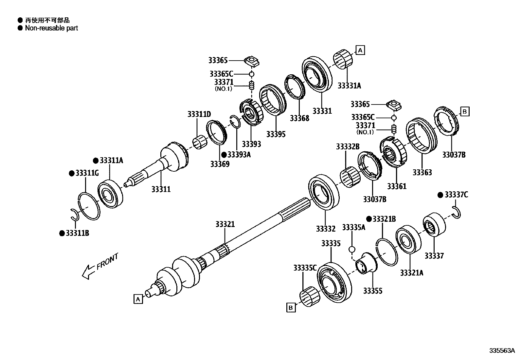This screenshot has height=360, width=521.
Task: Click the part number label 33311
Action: point(161,189)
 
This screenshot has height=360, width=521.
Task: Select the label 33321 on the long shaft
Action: point(225,224)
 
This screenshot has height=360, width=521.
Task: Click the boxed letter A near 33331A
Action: point(360,50)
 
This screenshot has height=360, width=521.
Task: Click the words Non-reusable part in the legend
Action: point(51,28)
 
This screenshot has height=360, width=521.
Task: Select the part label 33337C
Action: point(456,195)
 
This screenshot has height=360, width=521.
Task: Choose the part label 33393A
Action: point(239,155)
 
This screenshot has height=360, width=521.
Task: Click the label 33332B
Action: point(348,146)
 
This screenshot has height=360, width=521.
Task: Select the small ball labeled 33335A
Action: point(352,250)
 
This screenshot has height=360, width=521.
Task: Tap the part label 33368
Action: point(299,118)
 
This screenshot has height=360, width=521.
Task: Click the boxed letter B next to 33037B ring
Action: point(464,111)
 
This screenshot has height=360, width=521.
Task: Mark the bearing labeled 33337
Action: point(434,224)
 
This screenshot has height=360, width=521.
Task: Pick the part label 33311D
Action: point(199,114)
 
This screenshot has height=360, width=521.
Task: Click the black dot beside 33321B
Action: point(368,219)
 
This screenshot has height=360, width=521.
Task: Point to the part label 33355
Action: point(372,291)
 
